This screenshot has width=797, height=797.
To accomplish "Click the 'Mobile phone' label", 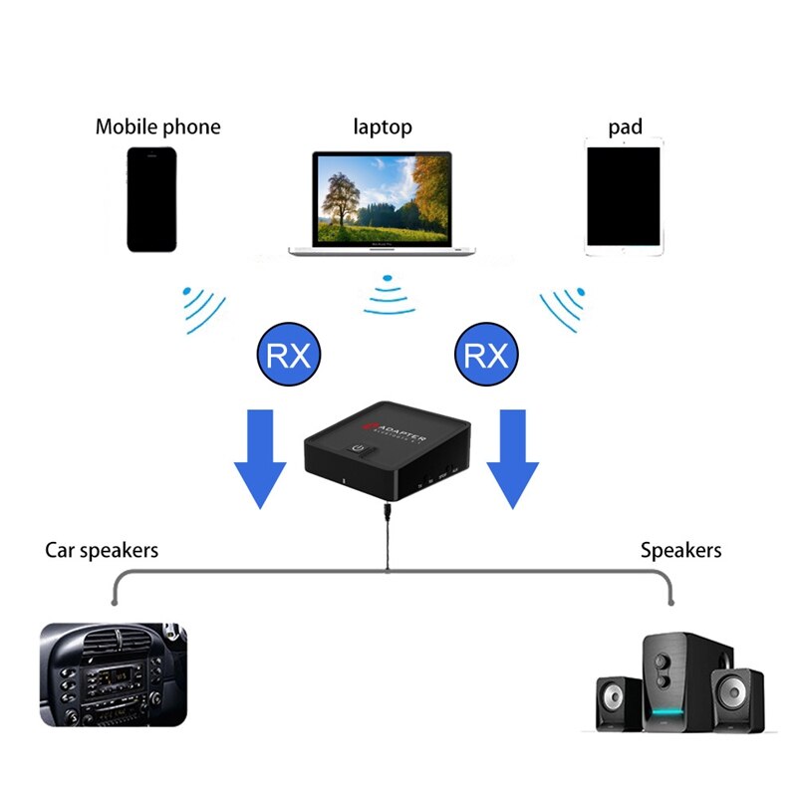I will click(157, 128).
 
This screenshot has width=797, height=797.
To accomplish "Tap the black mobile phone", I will click(151, 199).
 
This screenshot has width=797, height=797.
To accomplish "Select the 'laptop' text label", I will click(382, 128).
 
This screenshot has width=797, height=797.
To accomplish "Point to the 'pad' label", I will click(625, 128).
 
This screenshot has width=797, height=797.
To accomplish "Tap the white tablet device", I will click(624, 197).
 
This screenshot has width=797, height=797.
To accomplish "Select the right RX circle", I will click(486, 356).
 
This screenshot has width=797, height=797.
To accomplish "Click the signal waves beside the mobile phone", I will click(204, 309).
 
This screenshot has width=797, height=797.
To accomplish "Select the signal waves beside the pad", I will click(563, 309).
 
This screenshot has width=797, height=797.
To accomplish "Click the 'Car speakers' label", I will click(102, 550).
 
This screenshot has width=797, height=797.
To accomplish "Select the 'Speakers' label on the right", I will click(680, 550).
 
